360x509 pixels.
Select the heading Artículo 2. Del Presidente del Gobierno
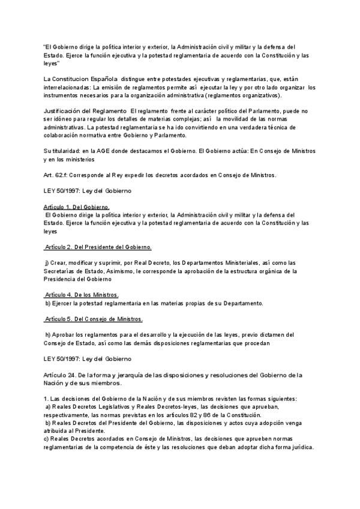98,247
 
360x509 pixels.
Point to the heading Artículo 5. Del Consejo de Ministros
94,318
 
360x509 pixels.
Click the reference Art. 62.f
57,176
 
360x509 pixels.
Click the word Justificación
65,112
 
